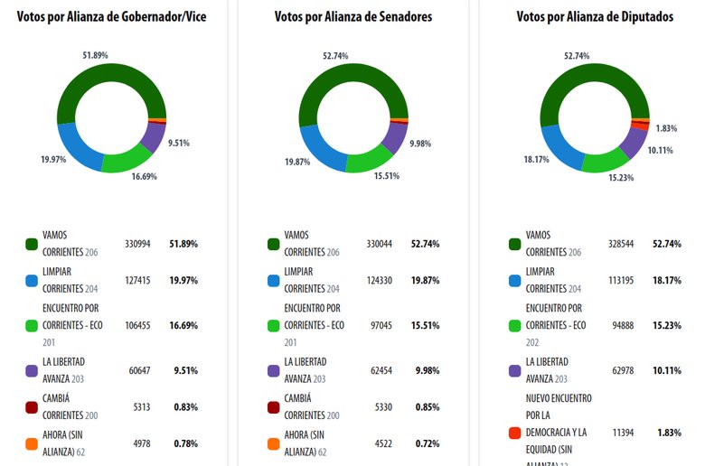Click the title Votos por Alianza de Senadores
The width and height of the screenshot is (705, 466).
pyautogui.click(x=353, y=16)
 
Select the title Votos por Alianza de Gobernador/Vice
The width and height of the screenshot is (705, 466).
pyautogui.click(x=112, y=16)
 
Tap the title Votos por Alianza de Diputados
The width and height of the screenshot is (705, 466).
pyautogui.click(x=595, y=16)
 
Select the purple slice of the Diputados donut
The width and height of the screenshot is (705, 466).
pyautogui.click(x=634, y=141)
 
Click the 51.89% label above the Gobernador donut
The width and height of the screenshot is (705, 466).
pyautogui.click(x=95, y=55)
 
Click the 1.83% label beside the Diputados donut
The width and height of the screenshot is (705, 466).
pyautogui.click(x=667, y=128)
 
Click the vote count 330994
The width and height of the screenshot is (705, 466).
pyautogui.click(x=137, y=244)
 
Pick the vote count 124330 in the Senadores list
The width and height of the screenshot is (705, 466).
pyautogui.click(x=378, y=281)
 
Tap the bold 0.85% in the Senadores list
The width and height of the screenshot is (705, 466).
pyautogui.click(x=426, y=407)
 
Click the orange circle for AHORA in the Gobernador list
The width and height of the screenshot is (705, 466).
pyautogui.click(x=31, y=444)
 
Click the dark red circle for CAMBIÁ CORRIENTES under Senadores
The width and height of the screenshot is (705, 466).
pyautogui.click(x=272, y=407)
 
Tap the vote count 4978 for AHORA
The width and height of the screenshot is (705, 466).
pyautogui.click(x=139, y=443)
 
